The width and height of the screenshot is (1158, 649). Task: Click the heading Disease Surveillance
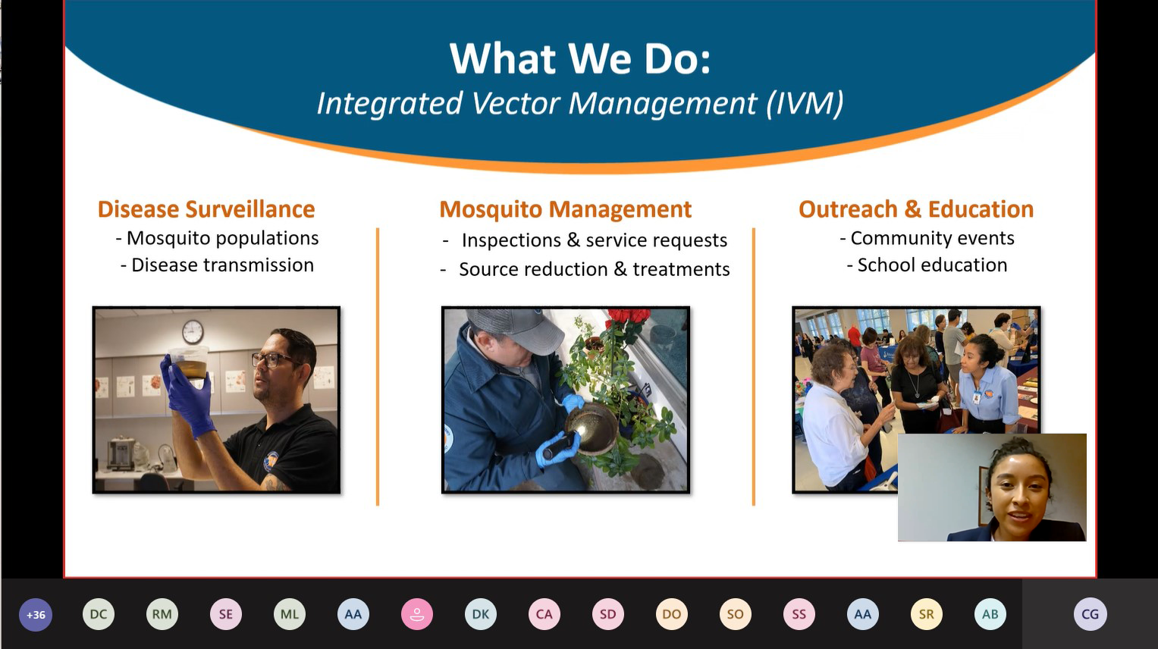[x=206, y=209]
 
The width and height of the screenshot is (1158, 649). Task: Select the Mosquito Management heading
[x=566, y=209]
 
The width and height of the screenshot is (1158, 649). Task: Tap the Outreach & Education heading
[x=916, y=209]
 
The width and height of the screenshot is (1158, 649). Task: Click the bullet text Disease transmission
[x=222, y=265]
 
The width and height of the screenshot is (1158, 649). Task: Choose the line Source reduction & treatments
[x=595, y=269]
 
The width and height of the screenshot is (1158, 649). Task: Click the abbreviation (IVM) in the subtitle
[x=805, y=103]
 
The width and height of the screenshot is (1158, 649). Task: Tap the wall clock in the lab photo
[x=193, y=332]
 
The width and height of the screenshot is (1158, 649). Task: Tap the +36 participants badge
[x=36, y=614]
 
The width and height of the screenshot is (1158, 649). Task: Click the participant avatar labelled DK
[x=481, y=614]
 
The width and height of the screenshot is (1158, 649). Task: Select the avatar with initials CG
[x=1091, y=614]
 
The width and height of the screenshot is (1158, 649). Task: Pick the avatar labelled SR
[x=927, y=614]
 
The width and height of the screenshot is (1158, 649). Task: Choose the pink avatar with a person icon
[x=417, y=614]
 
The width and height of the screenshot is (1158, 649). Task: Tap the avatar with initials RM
[x=162, y=614]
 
